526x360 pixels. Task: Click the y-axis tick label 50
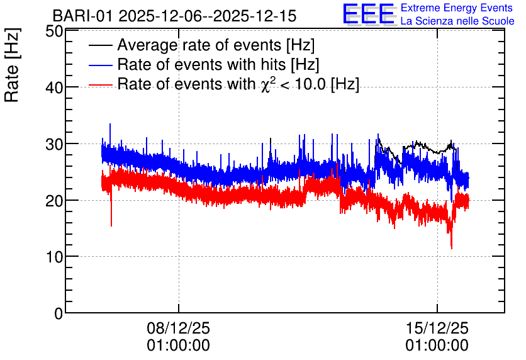pos(54,31)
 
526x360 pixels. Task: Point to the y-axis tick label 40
pos(54,88)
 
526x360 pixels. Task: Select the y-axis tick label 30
pos(54,144)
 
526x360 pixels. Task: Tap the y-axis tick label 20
pos(54,201)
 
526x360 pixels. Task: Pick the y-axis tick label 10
pos(54,257)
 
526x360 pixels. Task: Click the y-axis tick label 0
pos(59,313)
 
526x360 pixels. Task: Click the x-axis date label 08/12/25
pos(178,328)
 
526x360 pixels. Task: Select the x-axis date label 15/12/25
pos(437,328)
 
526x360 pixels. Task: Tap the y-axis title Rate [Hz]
pos(12,65)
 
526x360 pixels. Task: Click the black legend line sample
pos(100,45)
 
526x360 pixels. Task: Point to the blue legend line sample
pos(100,65)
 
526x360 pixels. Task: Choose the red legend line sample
pos(100,84)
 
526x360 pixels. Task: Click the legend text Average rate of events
pos(199,45)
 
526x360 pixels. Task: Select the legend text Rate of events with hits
pos(201,64)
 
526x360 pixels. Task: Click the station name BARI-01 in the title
pos(82,16)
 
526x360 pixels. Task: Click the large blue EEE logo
pos(369,14)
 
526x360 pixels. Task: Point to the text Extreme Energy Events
pos(457,8)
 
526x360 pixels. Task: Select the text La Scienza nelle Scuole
pos(457,21)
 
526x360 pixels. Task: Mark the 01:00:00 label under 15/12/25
pos(437,346)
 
